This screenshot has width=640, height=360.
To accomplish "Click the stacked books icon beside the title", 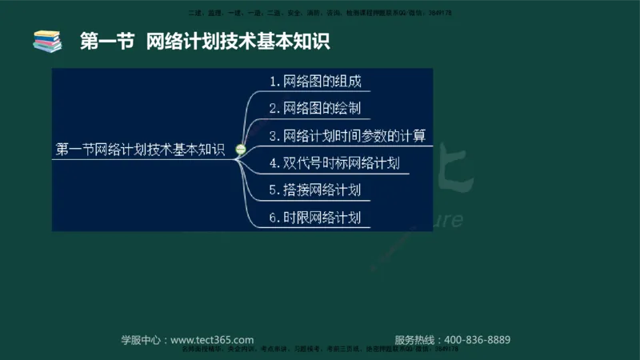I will pyautogui.click(x=47, y=41).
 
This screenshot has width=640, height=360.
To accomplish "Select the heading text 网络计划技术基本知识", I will pyautogui.click(x=238, y=41).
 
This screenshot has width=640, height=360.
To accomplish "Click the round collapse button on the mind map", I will pyautogui.click(x=239, y=150).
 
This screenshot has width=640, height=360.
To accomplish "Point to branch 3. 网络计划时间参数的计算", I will pyautogui.click(x=346, y=135).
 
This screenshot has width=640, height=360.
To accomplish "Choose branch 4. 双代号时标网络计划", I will pyautogui.click(x=334, y=163).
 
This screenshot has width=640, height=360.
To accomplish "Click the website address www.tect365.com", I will pyautogui.click(x=212, y=339).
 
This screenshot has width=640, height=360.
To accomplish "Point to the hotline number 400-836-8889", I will pyautogui.click(x=477, y=339).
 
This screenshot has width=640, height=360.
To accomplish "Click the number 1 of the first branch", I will pyautogui.click(x=274, y=82).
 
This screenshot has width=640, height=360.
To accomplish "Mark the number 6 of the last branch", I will pyautogui.click(x=274, y=218).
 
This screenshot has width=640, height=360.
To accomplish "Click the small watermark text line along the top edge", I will pyautogui.click(x=319, y=14).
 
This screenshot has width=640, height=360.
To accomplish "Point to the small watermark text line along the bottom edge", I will pyautogui.click(x=319, y=350).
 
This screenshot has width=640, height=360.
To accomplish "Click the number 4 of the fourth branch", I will pyautogui.click(x=274, y=163).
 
